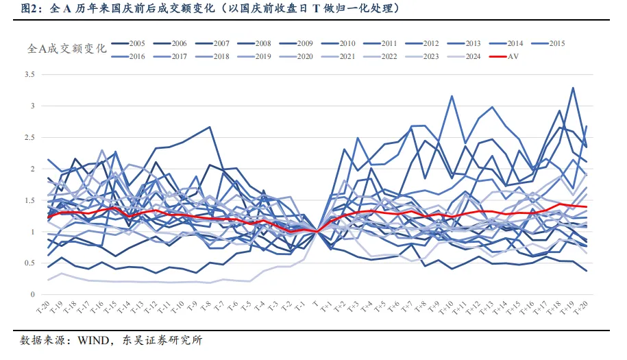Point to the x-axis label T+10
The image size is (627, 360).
click(x=449, y=307)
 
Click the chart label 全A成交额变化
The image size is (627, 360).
click(x=66, y=49)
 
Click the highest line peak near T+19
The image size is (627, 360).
click(x=573, y=88)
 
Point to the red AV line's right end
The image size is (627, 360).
click(x=587, y=207)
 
